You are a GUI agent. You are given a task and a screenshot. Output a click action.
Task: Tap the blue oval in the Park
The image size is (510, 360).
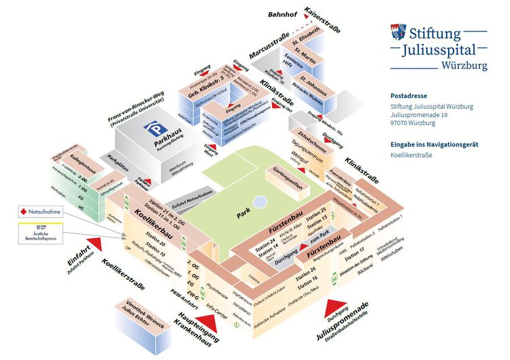(259, 201)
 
